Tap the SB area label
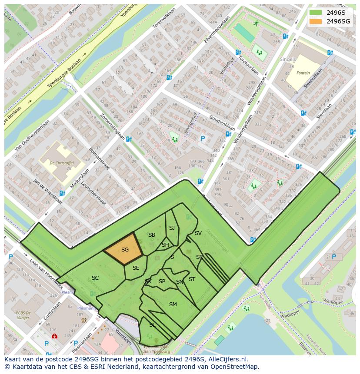[152, 235]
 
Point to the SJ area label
[172, 228]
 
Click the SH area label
[165, 245]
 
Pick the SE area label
[136, 268]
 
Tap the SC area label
[95, 278]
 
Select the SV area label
[198, 233]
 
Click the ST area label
[192, 279]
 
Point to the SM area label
[173, 304]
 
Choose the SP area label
[162, 281]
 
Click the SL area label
[152, 325]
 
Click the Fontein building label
[303, 73]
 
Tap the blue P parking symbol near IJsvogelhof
[203, 139]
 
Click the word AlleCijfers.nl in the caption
[227, 360]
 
